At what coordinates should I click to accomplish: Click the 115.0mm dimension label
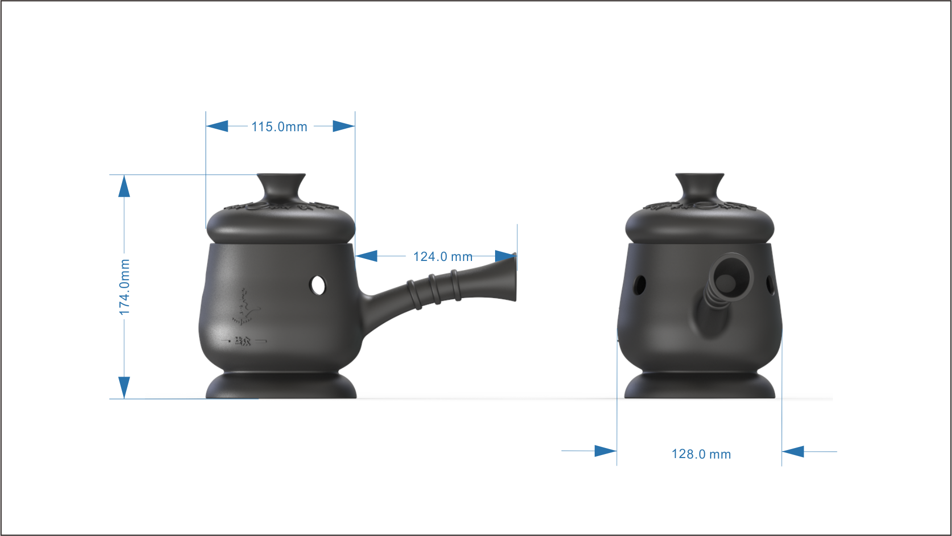[279, 127]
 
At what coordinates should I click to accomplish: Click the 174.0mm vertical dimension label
[124, 287]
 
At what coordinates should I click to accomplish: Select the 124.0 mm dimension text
[442, 257]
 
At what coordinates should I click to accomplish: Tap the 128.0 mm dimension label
[701, 454]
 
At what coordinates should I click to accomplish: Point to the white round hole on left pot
[318, 285]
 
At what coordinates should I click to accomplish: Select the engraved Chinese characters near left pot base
[243, 341]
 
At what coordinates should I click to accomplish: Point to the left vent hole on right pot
[639, 285]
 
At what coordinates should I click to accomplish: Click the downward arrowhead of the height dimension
[124, 387]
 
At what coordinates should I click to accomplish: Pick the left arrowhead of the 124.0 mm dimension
[366, 256]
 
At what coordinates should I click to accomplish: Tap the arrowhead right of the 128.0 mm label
[793, 452]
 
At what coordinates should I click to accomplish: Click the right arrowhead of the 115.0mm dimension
[344, 126]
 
